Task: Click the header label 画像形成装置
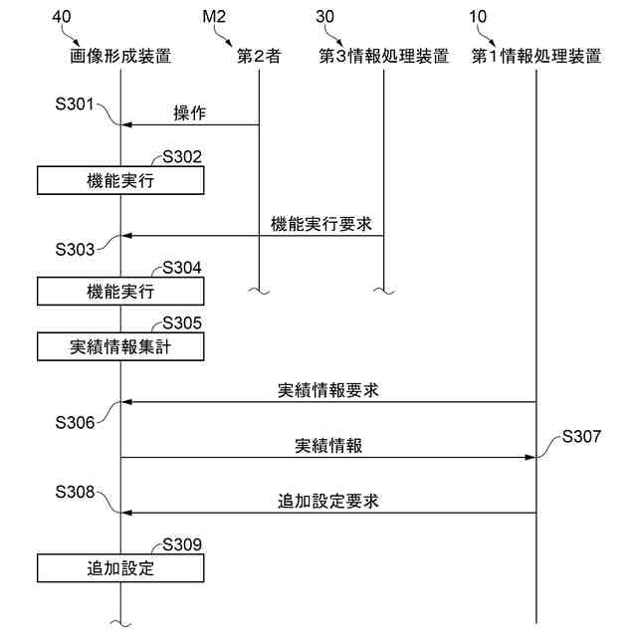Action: click(120, 56)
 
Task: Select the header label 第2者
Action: click(259, 56)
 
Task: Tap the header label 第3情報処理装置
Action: click(384, 56)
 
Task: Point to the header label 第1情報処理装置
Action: click(536, 56)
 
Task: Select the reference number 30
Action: click(325, 17)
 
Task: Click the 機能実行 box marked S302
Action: click(121, 181)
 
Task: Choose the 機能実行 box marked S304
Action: click(121, 292)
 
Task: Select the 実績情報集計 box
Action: click(121, 347)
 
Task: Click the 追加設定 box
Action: click(121, 569)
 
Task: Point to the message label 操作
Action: click(190, 112)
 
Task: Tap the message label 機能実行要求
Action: click(321, 224)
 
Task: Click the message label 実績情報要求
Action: click(328, 390)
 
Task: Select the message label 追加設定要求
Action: click(328, 501)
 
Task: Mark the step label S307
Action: click(581, 436)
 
